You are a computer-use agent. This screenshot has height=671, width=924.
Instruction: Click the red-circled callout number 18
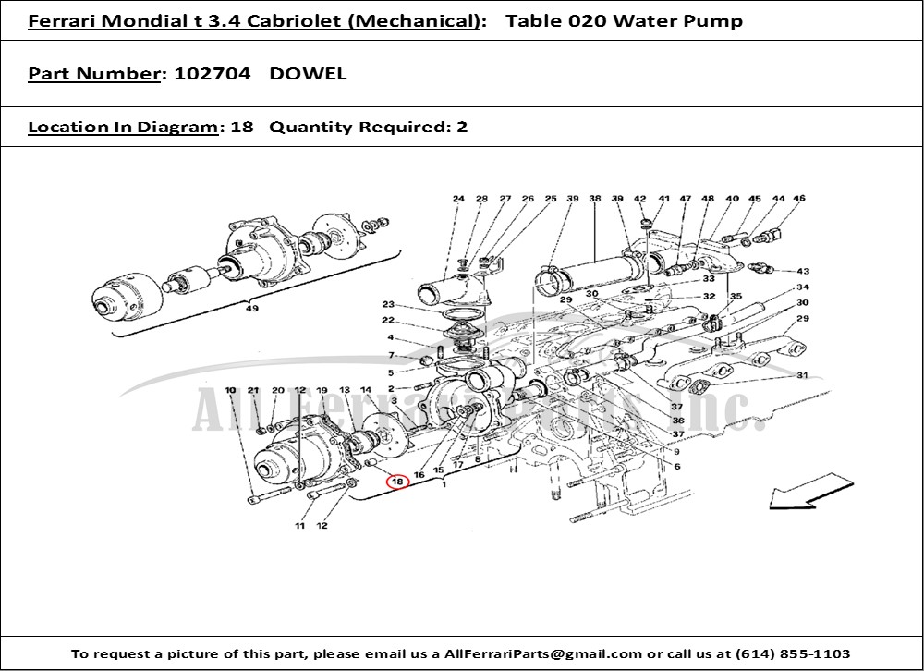click(x=397, y=482)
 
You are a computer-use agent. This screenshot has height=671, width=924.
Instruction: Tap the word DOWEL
click(x=309, y=74)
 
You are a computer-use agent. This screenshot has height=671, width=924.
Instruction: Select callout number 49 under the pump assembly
click(x=251, y=309)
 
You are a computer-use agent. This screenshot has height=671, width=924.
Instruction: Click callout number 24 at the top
click(x=458, y=199)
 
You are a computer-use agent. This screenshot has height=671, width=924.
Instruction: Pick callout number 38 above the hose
click(x=595, y=199)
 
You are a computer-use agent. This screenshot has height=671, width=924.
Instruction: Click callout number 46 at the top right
click(x=799, y=199)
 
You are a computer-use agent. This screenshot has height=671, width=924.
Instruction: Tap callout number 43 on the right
click(x=802, y=271)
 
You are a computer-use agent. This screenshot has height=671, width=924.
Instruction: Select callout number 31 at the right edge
click(x=802, y=374)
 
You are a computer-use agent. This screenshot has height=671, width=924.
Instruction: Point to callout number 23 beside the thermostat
click(x=388, y=305)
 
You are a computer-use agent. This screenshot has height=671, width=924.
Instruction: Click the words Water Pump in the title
click(x=693, y=21)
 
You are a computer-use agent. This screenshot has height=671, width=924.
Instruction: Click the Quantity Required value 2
click(x=462, y=127)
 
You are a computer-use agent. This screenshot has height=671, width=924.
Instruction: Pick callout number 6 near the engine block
click(x=676, y=467)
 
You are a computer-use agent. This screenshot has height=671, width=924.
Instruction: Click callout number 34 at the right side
click(x=802, y=287)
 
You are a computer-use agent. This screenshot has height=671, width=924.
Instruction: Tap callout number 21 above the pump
click(x=254, y=391)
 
